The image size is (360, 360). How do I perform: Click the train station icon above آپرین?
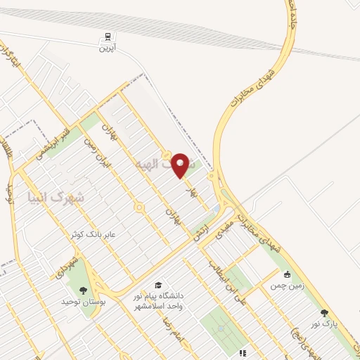coord(106,37)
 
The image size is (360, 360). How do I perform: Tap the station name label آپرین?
coord(106,48)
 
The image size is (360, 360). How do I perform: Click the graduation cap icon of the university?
coord(158,285)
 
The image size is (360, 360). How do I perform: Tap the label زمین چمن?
coord(287,286)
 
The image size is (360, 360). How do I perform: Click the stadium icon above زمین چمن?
coord(287,275)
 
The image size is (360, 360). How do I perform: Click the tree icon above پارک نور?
coord(324,313)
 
